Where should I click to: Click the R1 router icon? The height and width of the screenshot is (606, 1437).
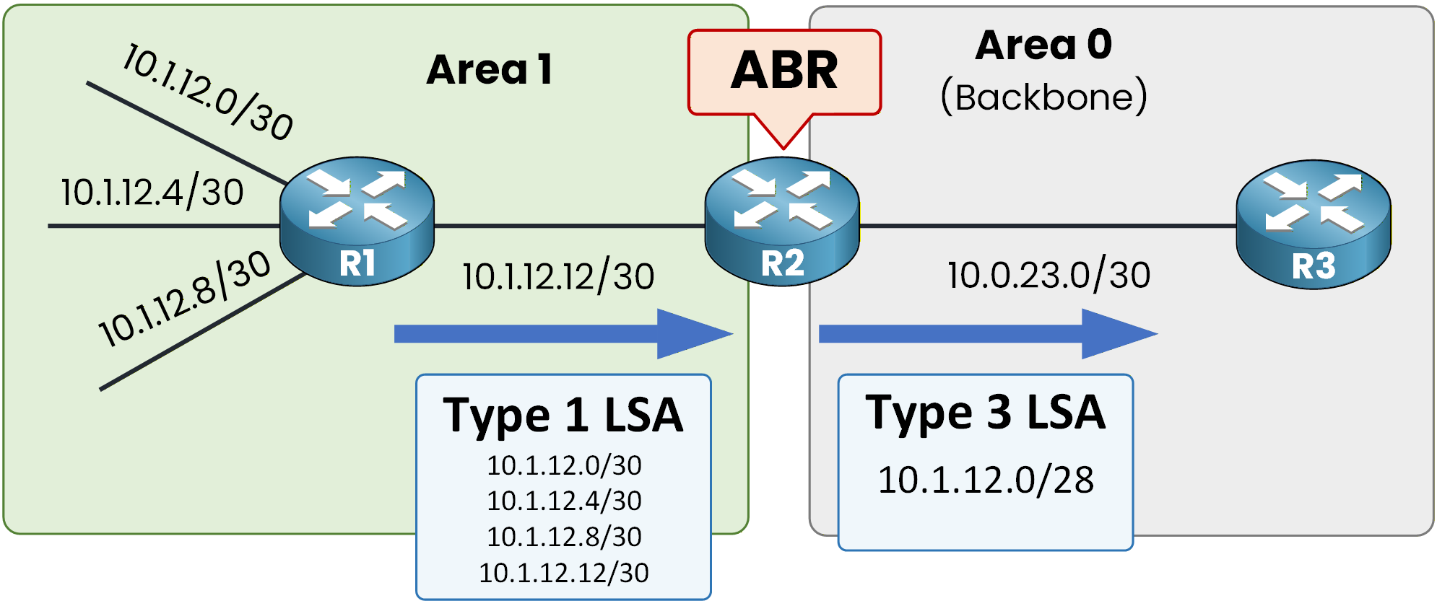[357, 221]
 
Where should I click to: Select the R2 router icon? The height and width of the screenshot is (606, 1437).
[782, 221]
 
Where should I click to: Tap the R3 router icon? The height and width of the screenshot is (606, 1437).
[1313, 224]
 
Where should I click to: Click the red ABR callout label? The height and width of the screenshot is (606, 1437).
[784, 72]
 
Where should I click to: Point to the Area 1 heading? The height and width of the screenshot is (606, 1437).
[490, 70]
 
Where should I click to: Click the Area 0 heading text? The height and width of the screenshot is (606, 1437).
[1043, 45]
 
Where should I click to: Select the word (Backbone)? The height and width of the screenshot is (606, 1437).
[1043, 97]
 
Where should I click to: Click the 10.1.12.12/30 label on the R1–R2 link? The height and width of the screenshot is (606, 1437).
[558, 276]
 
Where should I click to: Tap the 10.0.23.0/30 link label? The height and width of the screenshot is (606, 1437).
[1049, 275]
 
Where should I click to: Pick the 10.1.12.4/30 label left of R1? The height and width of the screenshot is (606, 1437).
[152, 193]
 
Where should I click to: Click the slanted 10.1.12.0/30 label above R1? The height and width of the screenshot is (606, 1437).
[208, 92]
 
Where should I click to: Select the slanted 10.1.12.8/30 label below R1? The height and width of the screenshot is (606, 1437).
[185, 299]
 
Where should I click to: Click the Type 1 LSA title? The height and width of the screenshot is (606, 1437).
[563, 416]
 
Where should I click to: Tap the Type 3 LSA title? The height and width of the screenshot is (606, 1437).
[985, 413]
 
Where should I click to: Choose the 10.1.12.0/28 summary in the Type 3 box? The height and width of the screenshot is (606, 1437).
[985, 480]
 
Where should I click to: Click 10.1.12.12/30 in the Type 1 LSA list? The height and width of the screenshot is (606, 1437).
[563, 573]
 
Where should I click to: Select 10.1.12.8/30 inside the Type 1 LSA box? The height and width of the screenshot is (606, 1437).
[563, 537]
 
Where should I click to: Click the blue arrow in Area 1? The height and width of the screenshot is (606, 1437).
[563, 333]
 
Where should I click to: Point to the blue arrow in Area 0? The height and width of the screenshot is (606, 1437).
[987, 333]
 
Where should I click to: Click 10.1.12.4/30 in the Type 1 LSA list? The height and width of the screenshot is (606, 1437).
[563, 501]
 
